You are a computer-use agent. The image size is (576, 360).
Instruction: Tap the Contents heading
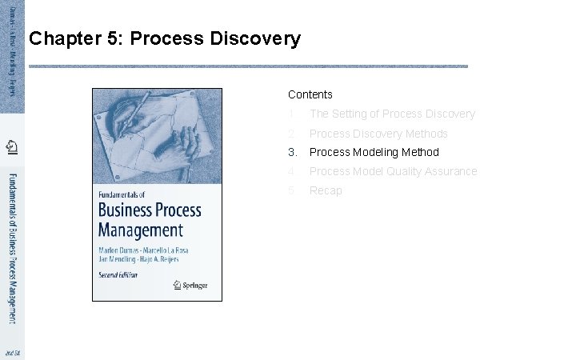point(310,94)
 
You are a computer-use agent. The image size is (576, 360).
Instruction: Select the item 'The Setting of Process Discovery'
point(392,114)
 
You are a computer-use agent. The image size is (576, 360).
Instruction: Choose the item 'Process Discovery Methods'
point(378,134)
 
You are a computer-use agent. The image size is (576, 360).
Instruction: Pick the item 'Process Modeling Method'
point(374,152)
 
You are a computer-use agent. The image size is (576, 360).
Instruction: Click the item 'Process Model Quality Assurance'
point(393,171)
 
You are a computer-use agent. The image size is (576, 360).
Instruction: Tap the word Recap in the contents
point(326,190)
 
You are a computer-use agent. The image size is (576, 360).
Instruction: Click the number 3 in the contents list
point(293,152)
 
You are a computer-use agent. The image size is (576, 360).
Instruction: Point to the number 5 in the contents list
point(292,190)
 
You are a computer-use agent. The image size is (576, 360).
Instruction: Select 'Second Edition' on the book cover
point(118,274)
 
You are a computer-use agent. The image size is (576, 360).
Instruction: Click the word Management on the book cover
point(141,230)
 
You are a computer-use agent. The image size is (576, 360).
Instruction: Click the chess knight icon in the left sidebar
point(12,146)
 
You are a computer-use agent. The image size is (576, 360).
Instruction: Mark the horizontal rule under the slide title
point(248,66)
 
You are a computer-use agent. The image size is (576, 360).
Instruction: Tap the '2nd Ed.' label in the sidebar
point(12,352)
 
